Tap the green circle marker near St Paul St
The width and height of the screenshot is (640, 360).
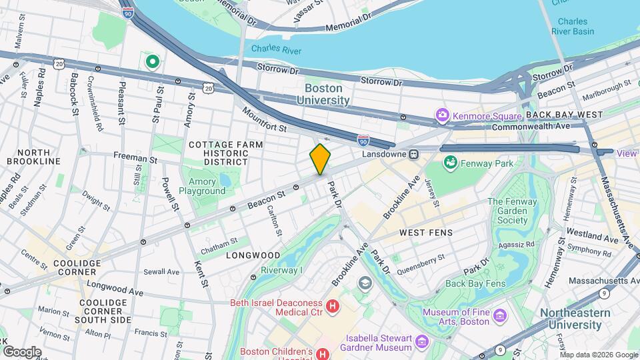[152, 62]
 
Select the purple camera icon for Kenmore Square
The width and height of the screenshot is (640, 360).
[441, 116]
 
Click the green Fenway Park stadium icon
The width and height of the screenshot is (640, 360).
[450, 162]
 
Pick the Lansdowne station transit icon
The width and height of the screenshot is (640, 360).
[414, 154]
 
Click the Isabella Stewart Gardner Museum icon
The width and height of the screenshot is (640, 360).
[421, 342]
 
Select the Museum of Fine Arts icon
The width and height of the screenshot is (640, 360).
[500, 315]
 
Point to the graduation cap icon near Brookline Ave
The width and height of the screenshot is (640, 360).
[364, 283]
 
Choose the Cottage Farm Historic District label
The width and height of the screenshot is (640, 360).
[226, 153]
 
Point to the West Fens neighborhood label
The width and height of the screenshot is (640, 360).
[425, 233]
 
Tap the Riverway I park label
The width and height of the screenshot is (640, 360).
[281, 270]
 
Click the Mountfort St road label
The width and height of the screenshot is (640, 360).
[264, 119]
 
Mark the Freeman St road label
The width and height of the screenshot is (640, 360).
[135, 160]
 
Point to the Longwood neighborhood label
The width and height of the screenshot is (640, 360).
[253, 255]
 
